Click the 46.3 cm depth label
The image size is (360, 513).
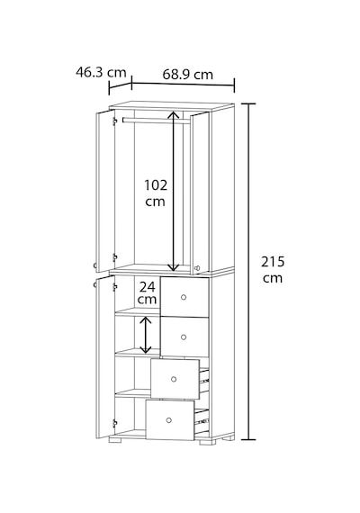pyautogui.click(x=101, y=72)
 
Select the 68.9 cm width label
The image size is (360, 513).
pyautogui.click(x=187, y=75)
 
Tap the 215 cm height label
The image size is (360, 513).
pyautogui.click(x=273, y=270)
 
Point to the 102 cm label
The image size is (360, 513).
pyautogui.click(x=156, y=193)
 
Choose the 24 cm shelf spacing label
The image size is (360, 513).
pyautogui.click(x=147, y=293)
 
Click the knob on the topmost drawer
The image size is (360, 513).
pyautogui.click(x=184, y=297)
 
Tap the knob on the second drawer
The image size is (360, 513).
pyautogui.click(x=184, y=337)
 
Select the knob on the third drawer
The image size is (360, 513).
pyautogui.click(x=174, y=379)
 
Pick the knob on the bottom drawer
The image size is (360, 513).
pyautogui.click(x=169, y=420)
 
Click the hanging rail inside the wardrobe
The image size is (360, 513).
pyautogui.click(x=156, y=121)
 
